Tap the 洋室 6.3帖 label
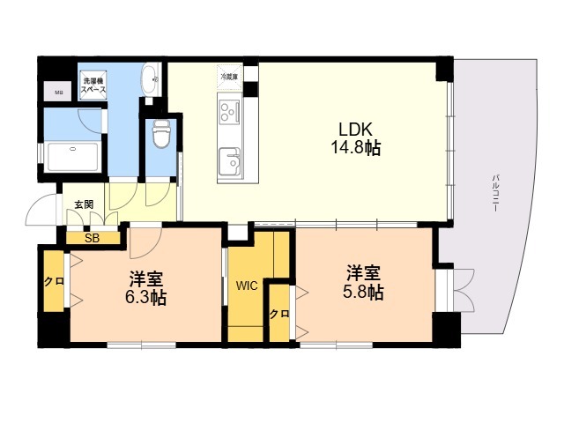[145, 286]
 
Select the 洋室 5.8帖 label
[363, 282]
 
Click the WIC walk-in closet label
[246, 285]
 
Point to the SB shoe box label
[92, 237]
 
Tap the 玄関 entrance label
[84, 204]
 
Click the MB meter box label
[58, 93]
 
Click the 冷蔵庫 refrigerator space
[228, 77]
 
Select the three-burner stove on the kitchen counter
[229, 112]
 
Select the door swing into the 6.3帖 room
[146, 234]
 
